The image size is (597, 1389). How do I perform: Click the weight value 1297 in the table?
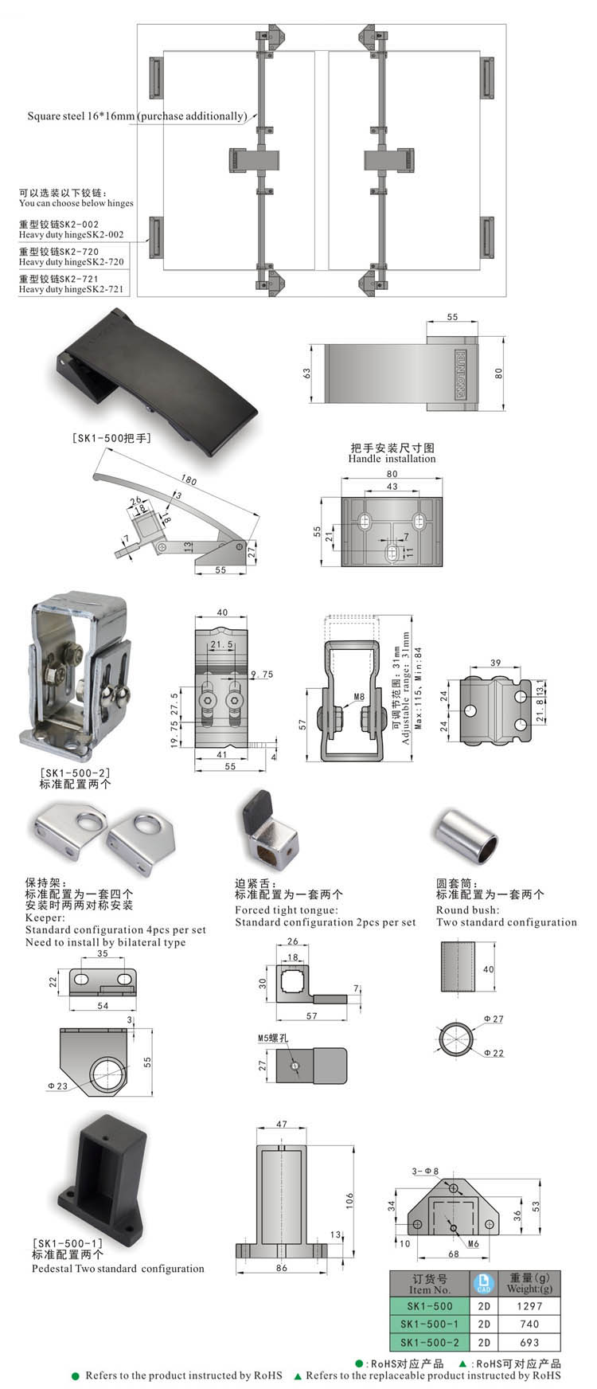click(x=529, y=1305)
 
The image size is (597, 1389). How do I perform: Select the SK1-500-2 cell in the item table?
click(x=429, y=1342)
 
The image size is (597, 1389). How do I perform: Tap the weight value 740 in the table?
click(x=529, y=1324)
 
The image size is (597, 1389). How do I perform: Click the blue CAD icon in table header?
click(x=482, y=1283)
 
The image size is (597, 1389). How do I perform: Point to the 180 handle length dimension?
click(x=189, y=480)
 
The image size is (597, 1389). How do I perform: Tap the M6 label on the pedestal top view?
click(x=473, y=1243)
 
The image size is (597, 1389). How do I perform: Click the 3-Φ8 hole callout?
click(x=425, y=1171)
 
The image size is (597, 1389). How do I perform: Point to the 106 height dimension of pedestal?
click(x=349, y=1199)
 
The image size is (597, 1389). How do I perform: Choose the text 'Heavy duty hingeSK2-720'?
click(x=72, y=261)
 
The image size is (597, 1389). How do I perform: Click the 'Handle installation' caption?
click(x=392, y=459)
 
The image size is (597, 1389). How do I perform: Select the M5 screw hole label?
click(x=271, y=1038)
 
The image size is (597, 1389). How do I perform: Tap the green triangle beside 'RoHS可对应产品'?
click(x=462, y=1364)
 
